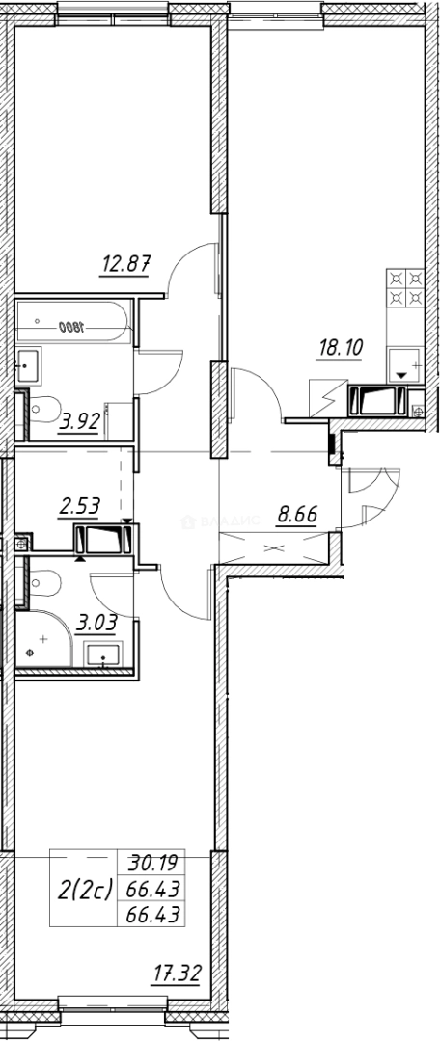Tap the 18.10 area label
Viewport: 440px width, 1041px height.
341,348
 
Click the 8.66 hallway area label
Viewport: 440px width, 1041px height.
297,515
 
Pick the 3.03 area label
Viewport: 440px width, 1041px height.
98,623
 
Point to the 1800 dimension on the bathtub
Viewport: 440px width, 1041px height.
70,327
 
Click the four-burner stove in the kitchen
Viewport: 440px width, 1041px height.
405,287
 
